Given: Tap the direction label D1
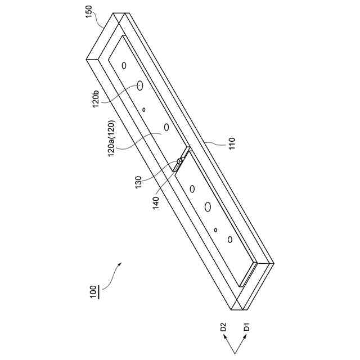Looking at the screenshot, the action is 246,327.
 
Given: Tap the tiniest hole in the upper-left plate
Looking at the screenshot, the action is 144,109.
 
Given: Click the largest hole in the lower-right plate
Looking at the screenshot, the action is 208,207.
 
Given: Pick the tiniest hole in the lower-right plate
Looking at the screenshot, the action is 216,229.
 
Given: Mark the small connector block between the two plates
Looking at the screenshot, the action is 179,163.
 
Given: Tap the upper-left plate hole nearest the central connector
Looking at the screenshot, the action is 166,127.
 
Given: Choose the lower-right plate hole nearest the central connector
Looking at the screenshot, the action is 193,188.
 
